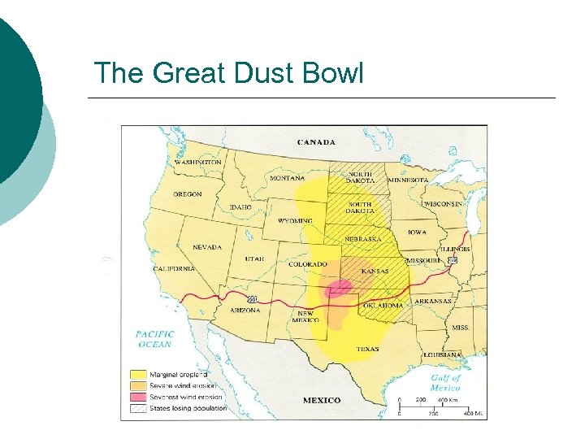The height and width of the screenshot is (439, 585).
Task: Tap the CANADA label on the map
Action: point(316,142)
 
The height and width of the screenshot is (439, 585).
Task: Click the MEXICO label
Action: point(322,400)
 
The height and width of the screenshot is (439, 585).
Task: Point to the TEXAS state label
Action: point(367,349)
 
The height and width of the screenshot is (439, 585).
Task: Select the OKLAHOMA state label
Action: point(383,305)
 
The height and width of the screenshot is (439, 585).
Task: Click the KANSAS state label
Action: point(375,271)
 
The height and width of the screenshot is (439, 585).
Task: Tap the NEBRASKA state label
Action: point(363,240)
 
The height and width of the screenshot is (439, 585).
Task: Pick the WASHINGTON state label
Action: point(197,162)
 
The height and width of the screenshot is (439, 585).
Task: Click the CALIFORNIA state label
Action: point(175,268)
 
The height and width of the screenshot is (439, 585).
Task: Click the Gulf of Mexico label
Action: point(444,382)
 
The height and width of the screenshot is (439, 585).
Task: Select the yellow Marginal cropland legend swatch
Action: point(139,375)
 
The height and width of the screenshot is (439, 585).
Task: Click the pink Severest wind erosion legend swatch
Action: point(139,397)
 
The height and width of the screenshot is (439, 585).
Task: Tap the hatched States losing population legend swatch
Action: point(139,408)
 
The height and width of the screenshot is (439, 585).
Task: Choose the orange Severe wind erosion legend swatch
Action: point(139,386)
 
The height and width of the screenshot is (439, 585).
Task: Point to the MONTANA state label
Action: point(288,178)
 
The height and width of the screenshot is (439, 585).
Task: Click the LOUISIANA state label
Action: point(443,354)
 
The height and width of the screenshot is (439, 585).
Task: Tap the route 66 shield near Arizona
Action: point(253,299)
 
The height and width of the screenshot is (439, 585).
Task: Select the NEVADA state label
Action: point(207,247)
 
